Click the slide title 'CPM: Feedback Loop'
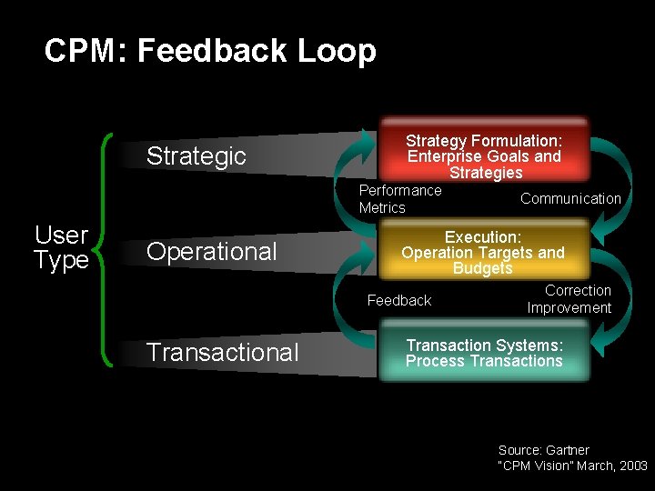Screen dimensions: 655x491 tap(210, 51)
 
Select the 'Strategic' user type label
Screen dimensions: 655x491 tap(196, 155)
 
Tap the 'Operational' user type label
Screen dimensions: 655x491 tap(211, 252)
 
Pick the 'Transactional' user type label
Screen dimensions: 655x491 tap(222, 352)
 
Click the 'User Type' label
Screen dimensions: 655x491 tap(61, 247)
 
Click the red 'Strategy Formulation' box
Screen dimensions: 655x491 tap(484, 154)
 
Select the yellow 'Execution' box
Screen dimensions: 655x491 tap(483, 252)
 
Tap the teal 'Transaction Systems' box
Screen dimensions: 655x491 tap(484, 354)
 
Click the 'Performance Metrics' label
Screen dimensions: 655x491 tap(399, 199)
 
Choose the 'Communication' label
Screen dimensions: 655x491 tap(570, 198)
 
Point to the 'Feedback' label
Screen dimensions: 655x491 tap(398, 300)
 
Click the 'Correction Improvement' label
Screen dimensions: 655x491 tap(569, 299)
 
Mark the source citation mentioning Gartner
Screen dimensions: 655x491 tap(572, 457)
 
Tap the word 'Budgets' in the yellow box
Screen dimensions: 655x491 tap(483, 268)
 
